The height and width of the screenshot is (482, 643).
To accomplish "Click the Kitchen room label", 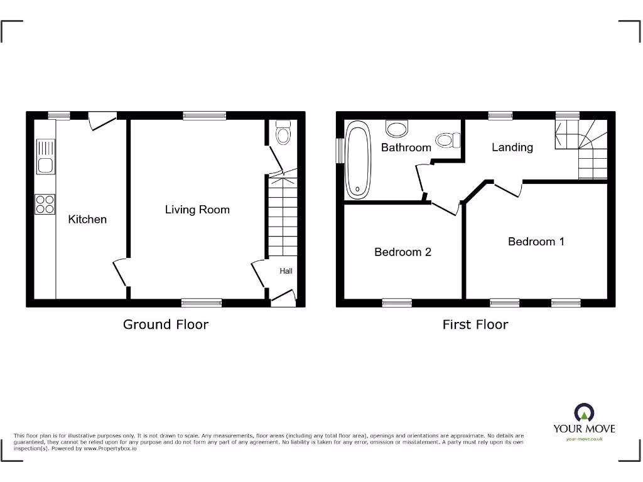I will pyautogui.click(x=87, y=219).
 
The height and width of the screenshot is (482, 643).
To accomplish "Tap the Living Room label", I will pyautogui.click(x=197, y=210).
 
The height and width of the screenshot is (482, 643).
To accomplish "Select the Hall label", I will pyautogui.click(x=286, y=271).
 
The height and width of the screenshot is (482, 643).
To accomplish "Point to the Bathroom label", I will pyautogui.click(x=406, y=147).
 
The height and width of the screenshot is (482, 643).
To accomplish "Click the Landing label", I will pyautogui.click(x=512, y=147).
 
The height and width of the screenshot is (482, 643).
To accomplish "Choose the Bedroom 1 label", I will pyautogui.click(x=536, y=241).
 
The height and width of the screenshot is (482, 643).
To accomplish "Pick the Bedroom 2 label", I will pyautogui.click(x=403, y=252).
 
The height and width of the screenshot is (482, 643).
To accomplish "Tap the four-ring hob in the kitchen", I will pyautogui.click(x=45, y=205).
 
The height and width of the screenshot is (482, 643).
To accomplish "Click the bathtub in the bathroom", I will pyautogui.click(x=358, y=160).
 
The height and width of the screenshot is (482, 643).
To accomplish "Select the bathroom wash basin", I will pyautogui.click(x=396, y=129).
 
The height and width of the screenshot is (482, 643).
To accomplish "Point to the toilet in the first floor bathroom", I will pyautogui.click(x=447, y=139).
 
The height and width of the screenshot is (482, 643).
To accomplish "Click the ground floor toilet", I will pyautogui.click(x=283, y=132).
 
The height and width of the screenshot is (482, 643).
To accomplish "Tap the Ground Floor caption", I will pyautogui.click(x=165, y=324).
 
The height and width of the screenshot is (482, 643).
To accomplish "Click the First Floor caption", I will pyautogui.click(x=475, y=324).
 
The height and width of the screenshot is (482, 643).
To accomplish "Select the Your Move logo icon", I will pyautogui.click(x=584, y=413).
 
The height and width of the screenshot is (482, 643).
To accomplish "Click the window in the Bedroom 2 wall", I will pyautogui.click(x=397, y=303).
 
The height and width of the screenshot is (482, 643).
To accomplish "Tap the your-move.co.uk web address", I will pyautogui.click(x=584, y=439).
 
